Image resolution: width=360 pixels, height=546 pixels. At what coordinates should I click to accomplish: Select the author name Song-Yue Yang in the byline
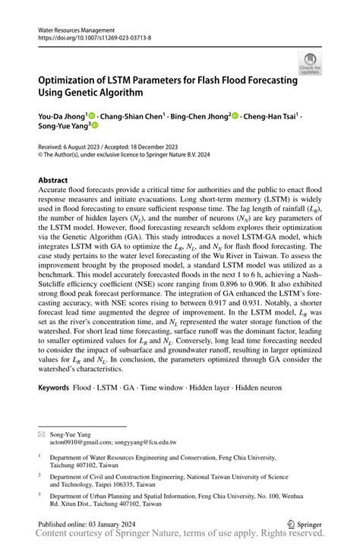tap(63, 129)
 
